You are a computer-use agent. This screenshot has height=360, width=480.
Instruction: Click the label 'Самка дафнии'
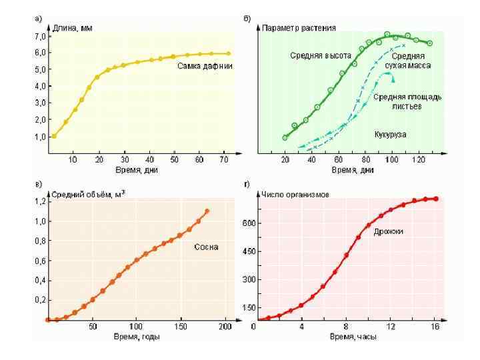(x=205, y=66)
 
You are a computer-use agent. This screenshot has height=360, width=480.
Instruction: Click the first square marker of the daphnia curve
(x=54, y=136)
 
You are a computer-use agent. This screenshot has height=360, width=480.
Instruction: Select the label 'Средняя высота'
(x=316, y=55)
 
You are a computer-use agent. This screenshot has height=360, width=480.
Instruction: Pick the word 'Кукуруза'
(x=391, y=134)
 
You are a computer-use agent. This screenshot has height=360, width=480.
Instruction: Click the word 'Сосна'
(x=206, y=247)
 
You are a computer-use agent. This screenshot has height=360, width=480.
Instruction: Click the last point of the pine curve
(x=207, y=211)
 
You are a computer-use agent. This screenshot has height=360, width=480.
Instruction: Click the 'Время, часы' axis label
(x=353, y=337)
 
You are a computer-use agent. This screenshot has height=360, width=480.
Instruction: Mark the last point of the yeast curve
(x=436, y=199)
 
